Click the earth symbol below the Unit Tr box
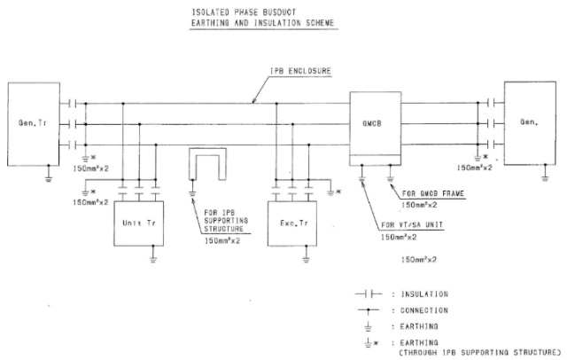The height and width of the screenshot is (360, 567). click(x=153, y=258)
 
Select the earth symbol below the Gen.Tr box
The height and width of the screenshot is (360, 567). click(x=46, y=177)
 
